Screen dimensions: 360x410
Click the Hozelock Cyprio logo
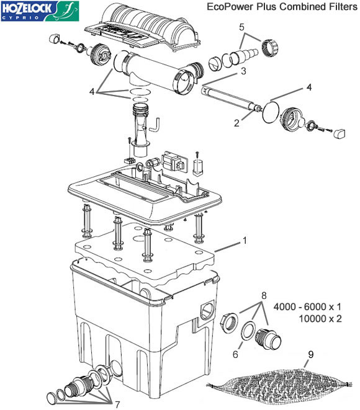(40, 11)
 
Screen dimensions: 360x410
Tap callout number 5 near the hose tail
(241, 27)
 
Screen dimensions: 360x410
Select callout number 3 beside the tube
(243, 71)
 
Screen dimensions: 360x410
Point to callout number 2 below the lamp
(236, 123)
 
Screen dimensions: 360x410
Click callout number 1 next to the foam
(245, 240)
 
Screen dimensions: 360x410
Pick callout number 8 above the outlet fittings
(264, 296)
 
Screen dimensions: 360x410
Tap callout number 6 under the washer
(235, 354)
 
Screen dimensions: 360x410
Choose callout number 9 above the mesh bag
(310, 355)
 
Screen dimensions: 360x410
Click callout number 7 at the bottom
(117, 404)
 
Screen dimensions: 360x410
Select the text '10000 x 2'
(320, 319)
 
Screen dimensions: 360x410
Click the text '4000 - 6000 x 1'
(307, 306)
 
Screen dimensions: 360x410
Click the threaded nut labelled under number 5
(269, 48)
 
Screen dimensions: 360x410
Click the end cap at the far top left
(55, 38)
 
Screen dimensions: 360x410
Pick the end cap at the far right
(339, 133)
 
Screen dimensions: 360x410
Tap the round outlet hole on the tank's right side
(207, 310)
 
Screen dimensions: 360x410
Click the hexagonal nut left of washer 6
(229, 323)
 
